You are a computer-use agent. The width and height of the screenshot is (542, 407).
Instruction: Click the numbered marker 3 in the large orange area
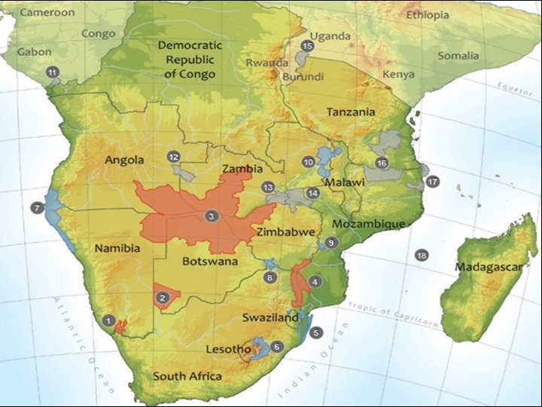coord(212,216)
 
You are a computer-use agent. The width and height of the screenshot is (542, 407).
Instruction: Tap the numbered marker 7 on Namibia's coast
coord(35,207)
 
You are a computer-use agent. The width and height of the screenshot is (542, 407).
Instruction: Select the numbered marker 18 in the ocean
coord(422,256)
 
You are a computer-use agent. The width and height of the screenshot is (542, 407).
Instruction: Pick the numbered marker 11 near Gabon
coord(52,72)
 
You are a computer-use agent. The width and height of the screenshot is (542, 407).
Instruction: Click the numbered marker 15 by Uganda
coord(306,47)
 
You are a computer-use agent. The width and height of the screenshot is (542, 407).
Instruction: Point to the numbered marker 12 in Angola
coord(173,157)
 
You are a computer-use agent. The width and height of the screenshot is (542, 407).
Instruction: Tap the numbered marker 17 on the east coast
coord(432,182)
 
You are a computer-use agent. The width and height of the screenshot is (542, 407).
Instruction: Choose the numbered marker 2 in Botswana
coord(162,298)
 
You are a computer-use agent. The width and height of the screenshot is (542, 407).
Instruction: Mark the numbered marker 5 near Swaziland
coord(316,332)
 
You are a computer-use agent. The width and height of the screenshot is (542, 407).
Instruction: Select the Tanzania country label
coord(350,112)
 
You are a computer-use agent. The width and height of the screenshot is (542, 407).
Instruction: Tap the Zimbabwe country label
coord(285,232)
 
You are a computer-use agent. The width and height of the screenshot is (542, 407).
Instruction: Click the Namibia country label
coord(117,248)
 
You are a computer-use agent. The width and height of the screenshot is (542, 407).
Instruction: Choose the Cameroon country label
coord(47,12)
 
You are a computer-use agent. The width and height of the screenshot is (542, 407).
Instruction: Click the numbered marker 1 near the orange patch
coord(109,320)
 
